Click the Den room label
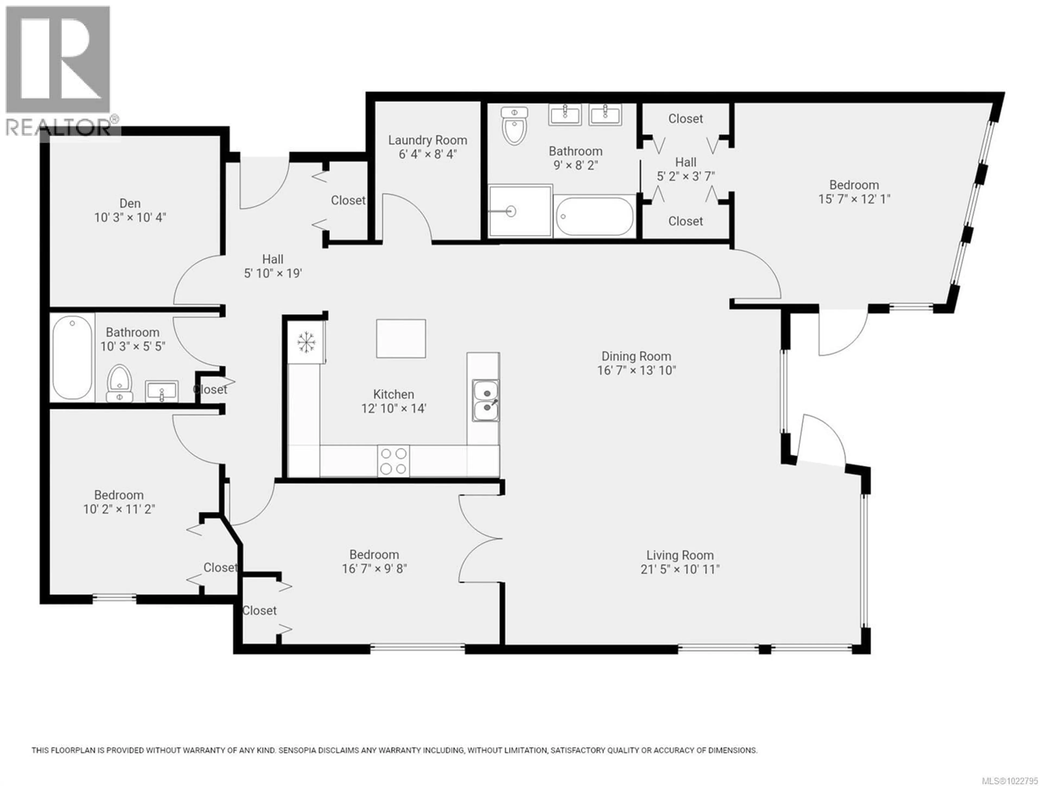pyautogui.click(x=130, y=203)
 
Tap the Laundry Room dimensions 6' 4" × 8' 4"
pyautogui.click(x=428, y=154)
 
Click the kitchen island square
pyautogui.click(x=401, y=338)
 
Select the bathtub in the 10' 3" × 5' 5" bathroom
pyautogui.click(x=72, y=357)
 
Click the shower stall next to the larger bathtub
pyautogui.click(x=520, y=211)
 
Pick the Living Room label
pyautogui.click(x=680, y=555)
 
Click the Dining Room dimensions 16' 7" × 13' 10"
pyautogui.click(x=636, y=370)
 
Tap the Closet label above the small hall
pyautogui.click(x=685, y=119)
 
